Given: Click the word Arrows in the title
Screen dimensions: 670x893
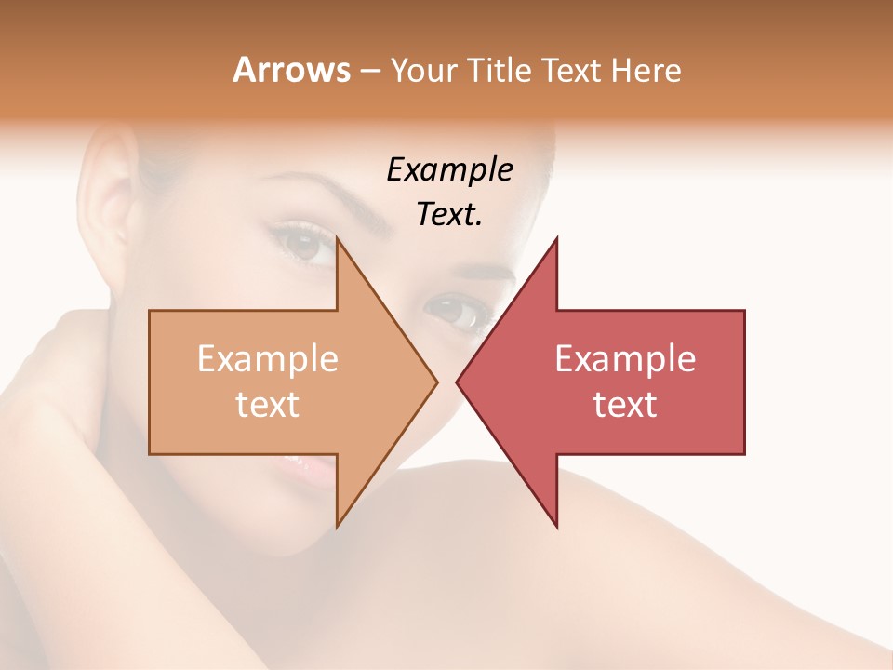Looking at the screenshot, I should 291,70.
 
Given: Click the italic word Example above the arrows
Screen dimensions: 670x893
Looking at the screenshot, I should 449,169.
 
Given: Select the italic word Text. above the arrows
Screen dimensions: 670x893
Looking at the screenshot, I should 449,214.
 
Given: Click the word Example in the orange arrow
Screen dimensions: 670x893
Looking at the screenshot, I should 268,358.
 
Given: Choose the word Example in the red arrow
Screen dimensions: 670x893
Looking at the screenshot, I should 625,358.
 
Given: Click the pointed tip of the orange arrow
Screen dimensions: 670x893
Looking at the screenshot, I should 436,382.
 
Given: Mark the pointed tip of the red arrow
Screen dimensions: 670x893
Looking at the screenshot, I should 458,382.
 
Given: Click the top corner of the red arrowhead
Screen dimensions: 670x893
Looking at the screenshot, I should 556,238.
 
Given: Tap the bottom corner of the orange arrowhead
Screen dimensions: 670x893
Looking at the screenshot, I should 337,527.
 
